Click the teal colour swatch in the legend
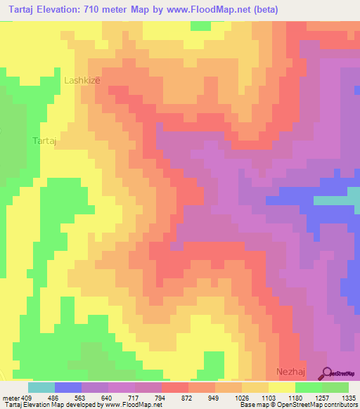pyautogui.click(x=41, y=387)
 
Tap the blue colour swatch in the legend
pyautogui.click(x=68, y=387)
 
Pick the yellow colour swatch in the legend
pyautogui.click(x=282, y=387)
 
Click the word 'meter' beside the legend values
pyautogui.click(x=11, y=397)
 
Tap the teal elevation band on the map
pyautogui.click(x=336, y=200)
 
